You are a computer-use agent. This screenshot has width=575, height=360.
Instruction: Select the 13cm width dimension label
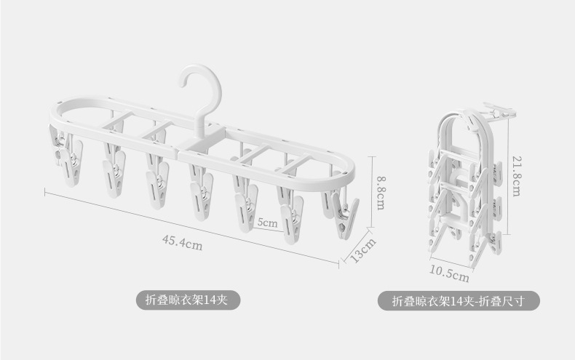[362, 250]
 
